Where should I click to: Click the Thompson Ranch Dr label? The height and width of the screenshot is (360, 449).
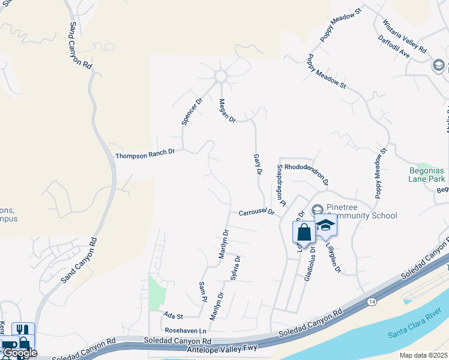point(145,154)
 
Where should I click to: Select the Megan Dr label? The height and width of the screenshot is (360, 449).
point(228,110)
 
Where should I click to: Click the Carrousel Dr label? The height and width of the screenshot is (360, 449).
point(256,212)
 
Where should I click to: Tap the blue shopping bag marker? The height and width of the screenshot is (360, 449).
point(304,232)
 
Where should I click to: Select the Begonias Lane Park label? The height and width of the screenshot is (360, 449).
point(426,175)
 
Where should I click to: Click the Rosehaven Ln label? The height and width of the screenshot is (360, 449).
point(185,331)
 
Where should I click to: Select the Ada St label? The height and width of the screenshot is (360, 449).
point(173,315)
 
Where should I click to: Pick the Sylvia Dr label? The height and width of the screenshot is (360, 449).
point(235,268)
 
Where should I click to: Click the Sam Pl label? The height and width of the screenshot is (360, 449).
point(202,291)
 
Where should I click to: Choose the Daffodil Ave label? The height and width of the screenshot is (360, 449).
point(394,47)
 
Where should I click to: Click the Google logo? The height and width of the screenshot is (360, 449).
point(19,353)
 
